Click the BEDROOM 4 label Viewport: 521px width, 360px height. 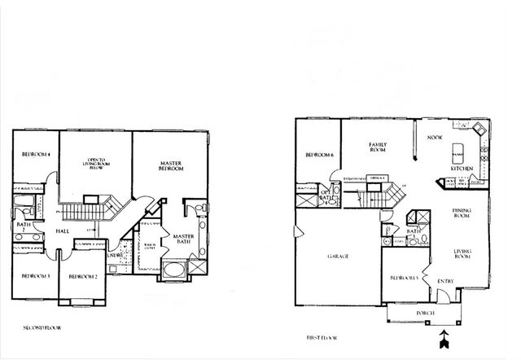37,155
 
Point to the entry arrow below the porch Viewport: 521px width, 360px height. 443,336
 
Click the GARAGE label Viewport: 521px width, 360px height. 338,257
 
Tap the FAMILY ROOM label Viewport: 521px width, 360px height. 377,147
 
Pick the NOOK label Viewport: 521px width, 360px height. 435,137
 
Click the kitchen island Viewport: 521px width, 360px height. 457,151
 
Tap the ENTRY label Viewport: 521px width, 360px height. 446,282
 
